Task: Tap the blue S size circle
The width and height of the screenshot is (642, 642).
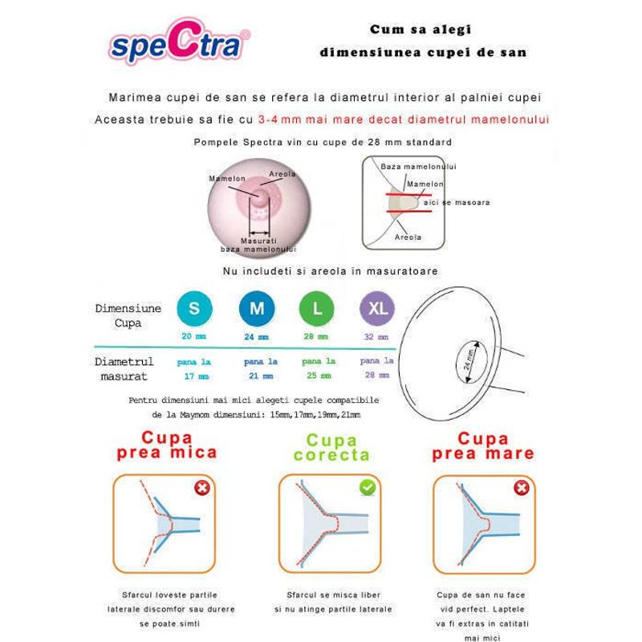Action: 193,307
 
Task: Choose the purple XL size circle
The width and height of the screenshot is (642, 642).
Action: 376,307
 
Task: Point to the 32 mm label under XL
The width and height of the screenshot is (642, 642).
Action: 376,337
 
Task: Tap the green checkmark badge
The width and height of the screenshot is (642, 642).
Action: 366,487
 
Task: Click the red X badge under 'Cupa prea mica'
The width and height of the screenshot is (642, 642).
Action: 201,488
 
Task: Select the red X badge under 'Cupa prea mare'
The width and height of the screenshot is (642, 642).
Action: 521,488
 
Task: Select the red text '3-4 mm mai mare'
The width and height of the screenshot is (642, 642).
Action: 316,119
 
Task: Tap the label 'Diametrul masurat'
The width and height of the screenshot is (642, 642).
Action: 124,368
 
